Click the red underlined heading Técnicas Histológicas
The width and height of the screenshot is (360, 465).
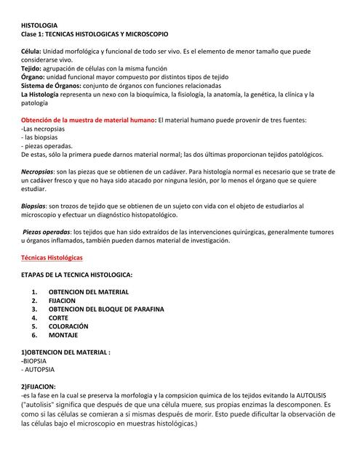click(52, 258)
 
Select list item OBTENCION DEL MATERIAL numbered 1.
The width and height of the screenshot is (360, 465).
click(89, 292)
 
